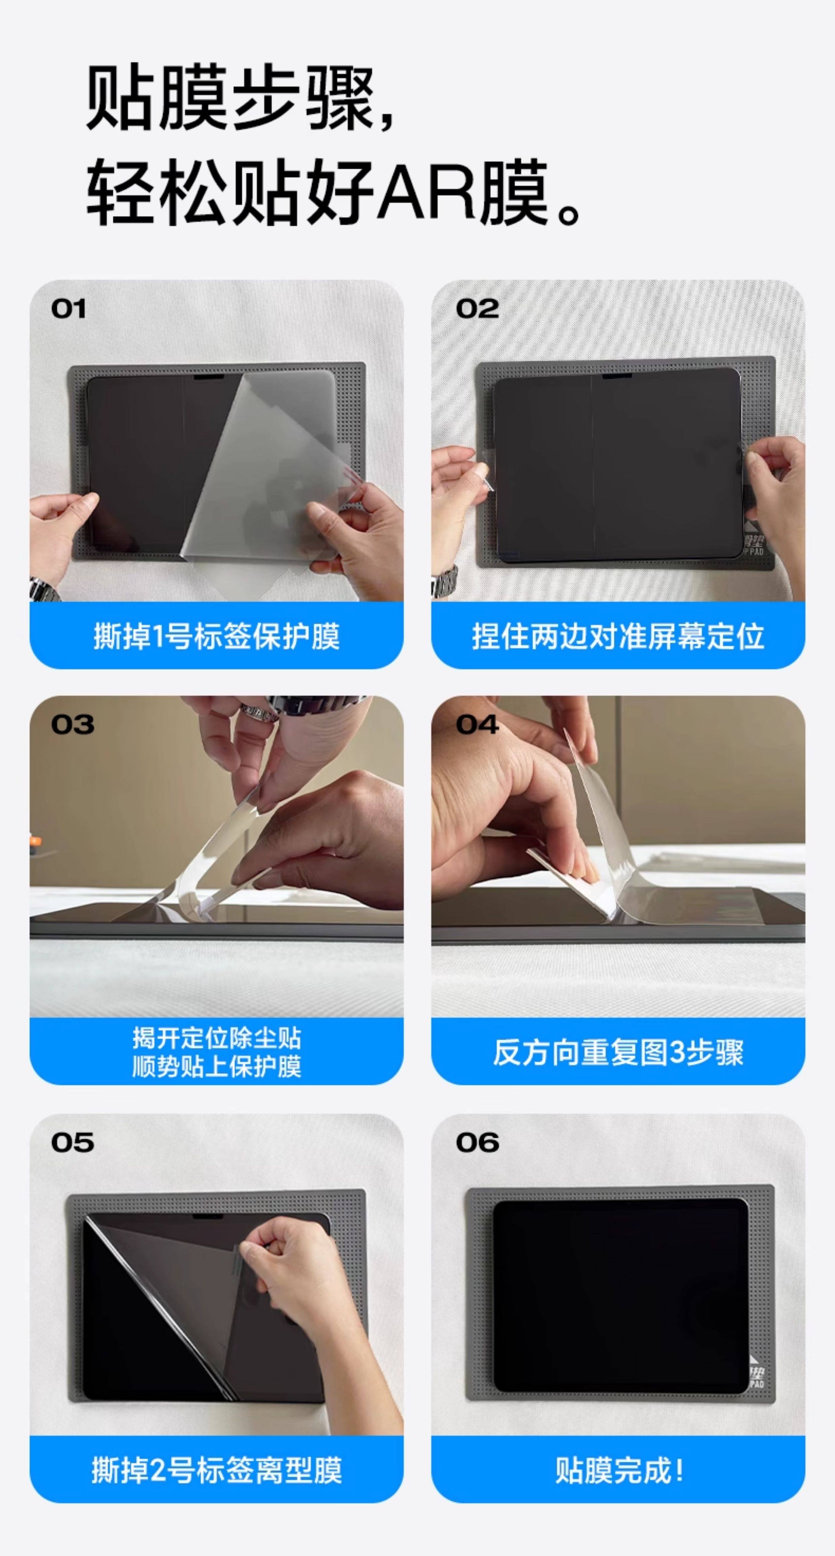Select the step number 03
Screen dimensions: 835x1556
(72, 724)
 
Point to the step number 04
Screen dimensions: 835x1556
(477, 724)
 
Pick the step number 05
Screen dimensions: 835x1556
(72, 1142)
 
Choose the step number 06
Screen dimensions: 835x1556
(477, 1142)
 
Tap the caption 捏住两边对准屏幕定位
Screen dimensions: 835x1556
(618, 636)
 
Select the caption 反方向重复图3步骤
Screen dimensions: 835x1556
(618, 1052)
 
